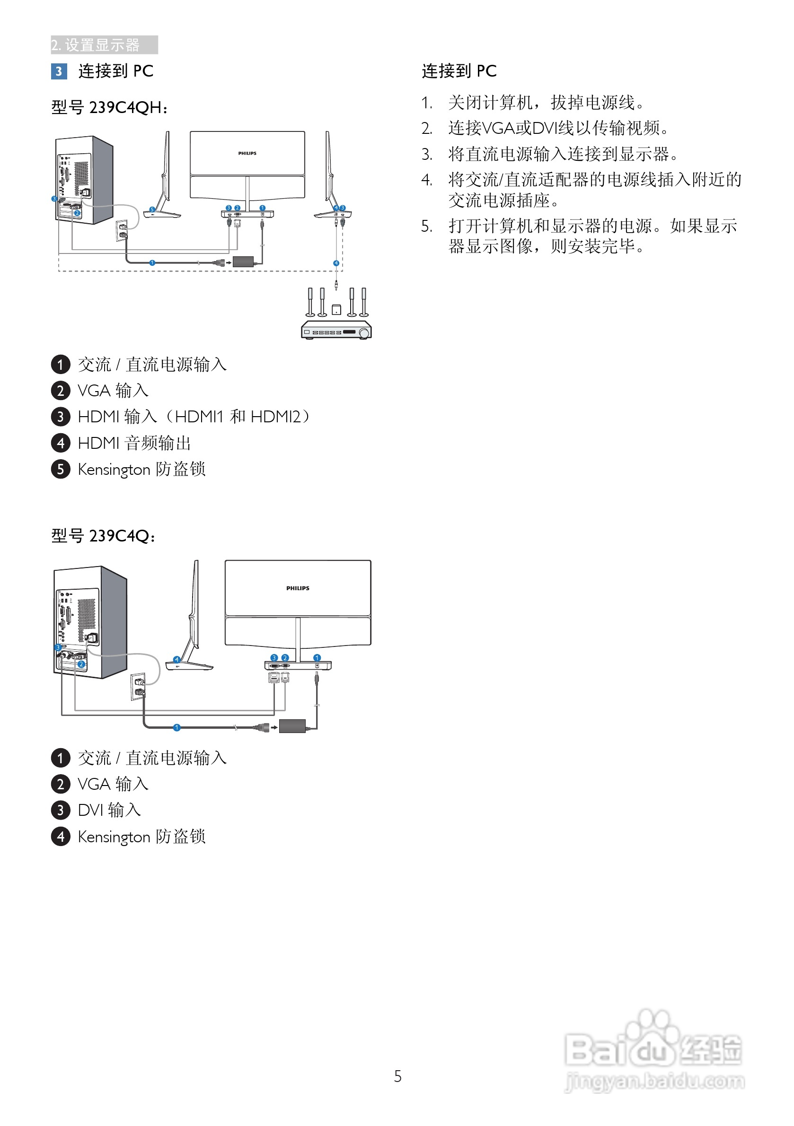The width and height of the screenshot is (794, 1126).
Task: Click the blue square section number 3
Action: (59, 71)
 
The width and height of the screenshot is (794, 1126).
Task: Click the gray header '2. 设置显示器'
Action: (104, 45)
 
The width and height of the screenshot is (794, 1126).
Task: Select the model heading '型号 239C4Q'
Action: (103, 535)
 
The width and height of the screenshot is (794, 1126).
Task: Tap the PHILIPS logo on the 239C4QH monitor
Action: (247, 154)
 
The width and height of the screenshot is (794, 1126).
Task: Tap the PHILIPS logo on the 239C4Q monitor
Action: (297, 588)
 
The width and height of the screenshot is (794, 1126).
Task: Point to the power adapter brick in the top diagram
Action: (243, 262)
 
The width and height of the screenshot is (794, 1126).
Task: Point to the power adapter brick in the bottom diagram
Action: (292, 726)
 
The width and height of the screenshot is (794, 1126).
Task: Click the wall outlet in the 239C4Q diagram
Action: (138, 687)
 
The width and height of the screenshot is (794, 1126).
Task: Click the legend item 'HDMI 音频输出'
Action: (134, 443)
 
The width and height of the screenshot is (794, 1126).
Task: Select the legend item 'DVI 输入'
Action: (109, 810)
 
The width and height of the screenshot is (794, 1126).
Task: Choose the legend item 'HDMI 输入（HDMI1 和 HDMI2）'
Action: (194, 417)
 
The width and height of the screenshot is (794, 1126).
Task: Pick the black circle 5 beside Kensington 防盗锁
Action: (61, 469)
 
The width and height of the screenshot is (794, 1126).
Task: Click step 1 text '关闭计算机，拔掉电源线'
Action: (546, 103)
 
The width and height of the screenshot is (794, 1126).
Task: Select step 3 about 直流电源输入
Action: (563, 155)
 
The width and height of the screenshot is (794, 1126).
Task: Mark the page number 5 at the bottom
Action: (397, 1076)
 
